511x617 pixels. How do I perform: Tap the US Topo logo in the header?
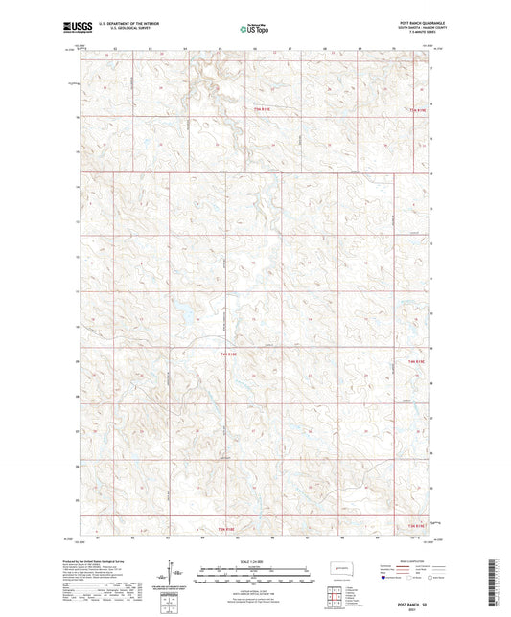pos(254,29)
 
